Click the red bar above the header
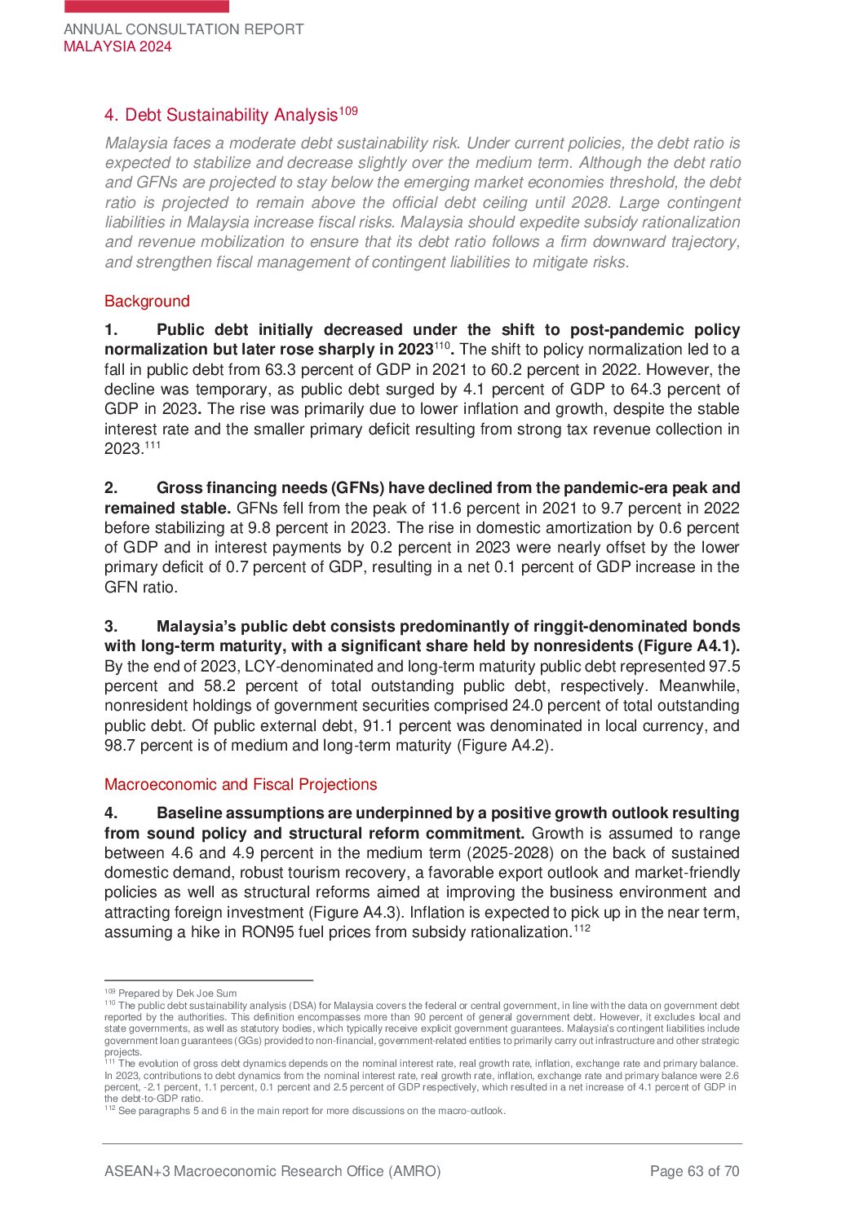point(147,6)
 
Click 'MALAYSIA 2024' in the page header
point(117,46)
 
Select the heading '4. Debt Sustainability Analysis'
point(221,116)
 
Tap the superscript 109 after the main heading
point(348,111)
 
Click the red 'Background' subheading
point(147,302)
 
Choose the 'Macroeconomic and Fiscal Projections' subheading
point(241,785)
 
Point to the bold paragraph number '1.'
point(111,330)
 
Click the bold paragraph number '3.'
point(111,627)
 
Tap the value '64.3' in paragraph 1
point(644,390)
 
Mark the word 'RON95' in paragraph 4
point(265,932)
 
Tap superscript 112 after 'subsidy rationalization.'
point(582,928)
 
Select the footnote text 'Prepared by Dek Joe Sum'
point(177,993)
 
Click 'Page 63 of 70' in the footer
point(694,1172)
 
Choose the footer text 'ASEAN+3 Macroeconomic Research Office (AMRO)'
point(272,1172)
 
